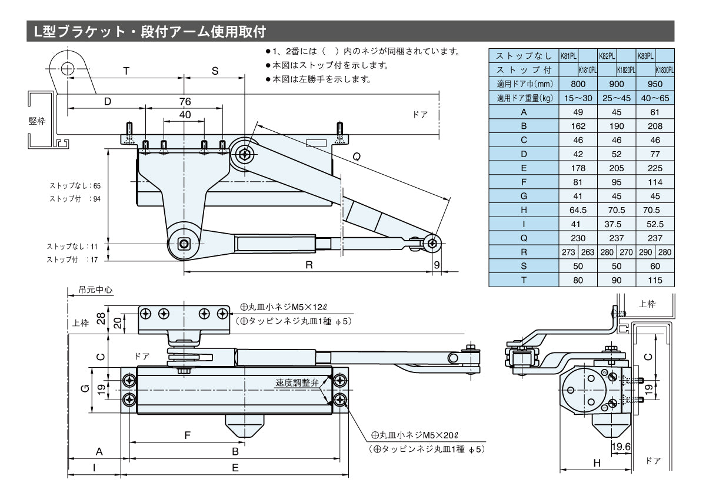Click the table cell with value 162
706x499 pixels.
[x=578, y=126]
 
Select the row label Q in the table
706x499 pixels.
[x=524, y=238]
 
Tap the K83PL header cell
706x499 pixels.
[x=645, y=56]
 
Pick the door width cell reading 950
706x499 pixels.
[x=655, y=84]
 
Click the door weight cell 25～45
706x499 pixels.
[x=617, y=98]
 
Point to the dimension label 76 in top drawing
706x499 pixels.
[x=185, y=101]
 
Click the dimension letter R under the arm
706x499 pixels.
[x=308, y=265]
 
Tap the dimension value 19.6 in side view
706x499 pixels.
[x=621, y=447]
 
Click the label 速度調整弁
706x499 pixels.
[x=297, y=382]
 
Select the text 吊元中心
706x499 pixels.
[x=95, y=290]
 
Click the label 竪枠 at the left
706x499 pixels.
[x=36, y=121]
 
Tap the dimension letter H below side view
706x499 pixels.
[x=597, y=463]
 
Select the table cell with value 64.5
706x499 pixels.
[x=578, y=210]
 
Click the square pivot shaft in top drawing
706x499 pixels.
[x=185, y=243]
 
